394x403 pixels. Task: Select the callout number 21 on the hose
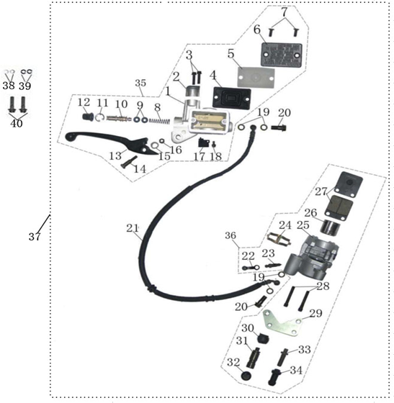[x=132, y=228]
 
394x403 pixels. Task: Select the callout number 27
[x=320, y=191]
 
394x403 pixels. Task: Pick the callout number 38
[x=9, y=85]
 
